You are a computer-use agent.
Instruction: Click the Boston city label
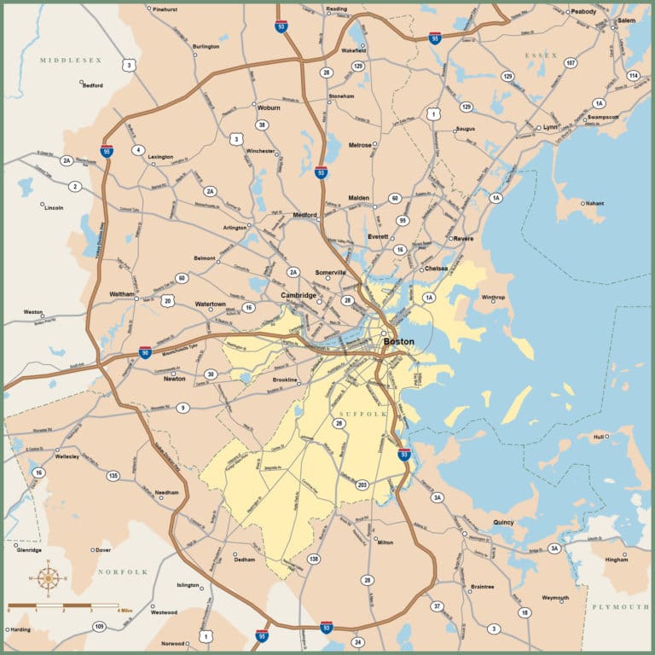click(x=398, y=342)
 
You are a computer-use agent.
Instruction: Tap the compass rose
click(x=49, y=577)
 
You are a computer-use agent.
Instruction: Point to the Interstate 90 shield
click(x=145, y=351)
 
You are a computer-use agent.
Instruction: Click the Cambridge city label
click(x=299, y=295)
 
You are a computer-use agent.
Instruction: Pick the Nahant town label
click(x=594, y=203)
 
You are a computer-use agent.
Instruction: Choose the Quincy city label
click(x=503, y=522)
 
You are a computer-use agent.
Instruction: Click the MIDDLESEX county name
click(x=71, y=61)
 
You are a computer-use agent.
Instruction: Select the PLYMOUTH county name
click(x=620, y=606)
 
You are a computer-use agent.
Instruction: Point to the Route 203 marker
click(x=362, y=484)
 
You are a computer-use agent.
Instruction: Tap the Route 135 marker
click(x=113, y=475)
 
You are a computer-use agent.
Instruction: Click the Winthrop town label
click(x=493, y=298)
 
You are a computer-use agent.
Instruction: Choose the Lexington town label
click(x=160, y=157)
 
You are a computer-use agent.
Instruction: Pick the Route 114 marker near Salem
click(x=633, y=76)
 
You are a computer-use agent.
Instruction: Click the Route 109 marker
click(x=99, y=627)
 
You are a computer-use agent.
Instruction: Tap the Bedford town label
click(x=92, y=85)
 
